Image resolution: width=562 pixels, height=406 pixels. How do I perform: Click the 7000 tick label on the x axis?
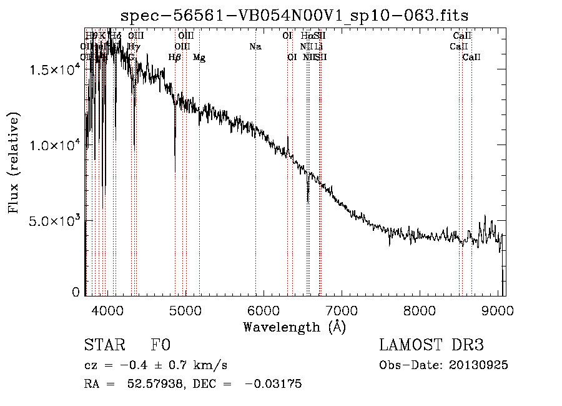coord(341,310)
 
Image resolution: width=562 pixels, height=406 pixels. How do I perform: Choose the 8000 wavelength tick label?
coord(419,310)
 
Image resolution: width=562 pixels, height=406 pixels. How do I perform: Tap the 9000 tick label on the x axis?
coord(497,310)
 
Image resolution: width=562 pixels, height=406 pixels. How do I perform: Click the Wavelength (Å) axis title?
coord(294,327)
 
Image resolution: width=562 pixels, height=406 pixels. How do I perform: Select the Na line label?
coord(255,47)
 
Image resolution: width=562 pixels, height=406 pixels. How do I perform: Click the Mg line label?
coord(199,58)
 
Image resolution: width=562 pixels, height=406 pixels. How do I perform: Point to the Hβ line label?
coord(175,58)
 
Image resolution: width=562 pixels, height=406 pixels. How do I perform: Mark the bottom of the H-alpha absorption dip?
coord(308,201)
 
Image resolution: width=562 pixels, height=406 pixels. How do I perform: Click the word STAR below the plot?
coord(102,345)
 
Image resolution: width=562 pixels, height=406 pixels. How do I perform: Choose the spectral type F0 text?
coord(160,345)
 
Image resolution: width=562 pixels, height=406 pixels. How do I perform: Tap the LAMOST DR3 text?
coord(431,345)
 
